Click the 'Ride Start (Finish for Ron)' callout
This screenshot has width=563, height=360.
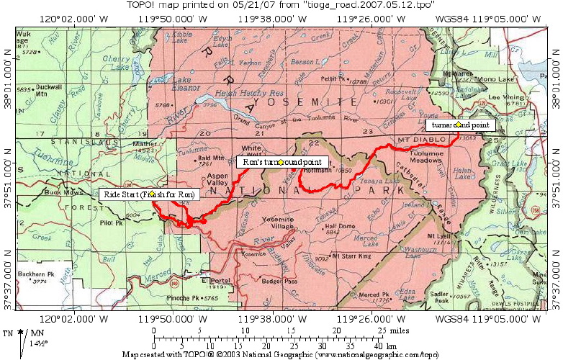(x=149, y=194)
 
